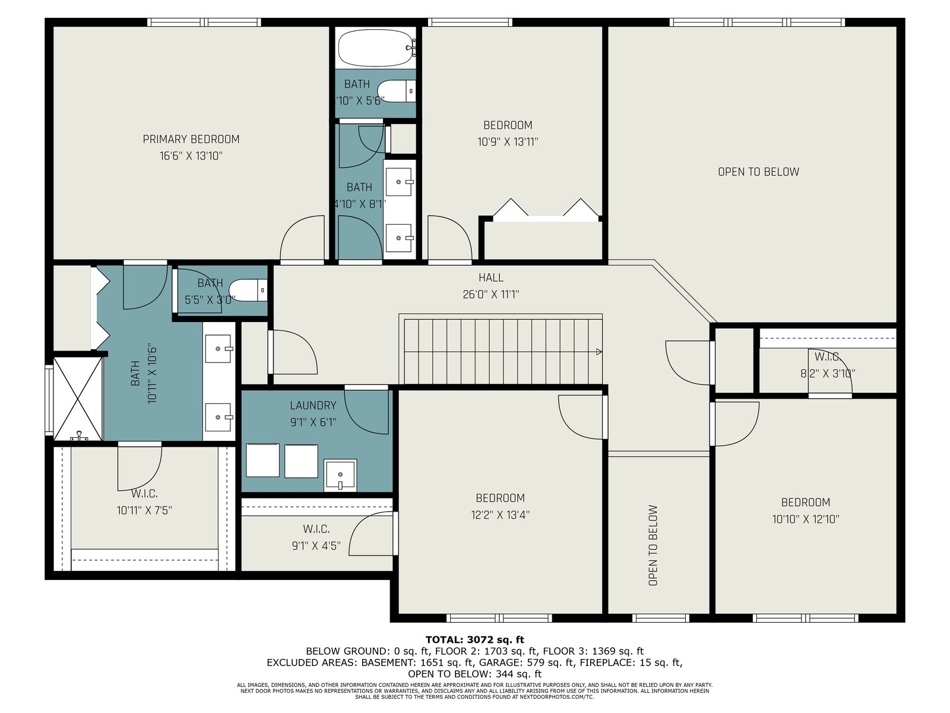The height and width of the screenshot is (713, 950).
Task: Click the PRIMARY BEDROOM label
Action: [191, 140]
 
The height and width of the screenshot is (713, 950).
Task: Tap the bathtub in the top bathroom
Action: [376, 48]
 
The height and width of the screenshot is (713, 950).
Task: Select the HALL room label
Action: [491, 277]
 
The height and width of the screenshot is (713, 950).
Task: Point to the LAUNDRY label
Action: [313, 406]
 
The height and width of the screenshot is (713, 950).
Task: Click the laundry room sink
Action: [341, 475]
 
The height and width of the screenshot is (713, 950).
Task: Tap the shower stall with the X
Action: [77, 399]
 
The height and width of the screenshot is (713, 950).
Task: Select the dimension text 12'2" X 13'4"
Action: [501, 515]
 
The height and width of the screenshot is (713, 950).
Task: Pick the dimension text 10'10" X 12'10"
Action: [806, 519]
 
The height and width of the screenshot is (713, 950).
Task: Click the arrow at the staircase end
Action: [599, 352]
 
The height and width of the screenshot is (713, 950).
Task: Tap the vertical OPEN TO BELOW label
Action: [653, 545]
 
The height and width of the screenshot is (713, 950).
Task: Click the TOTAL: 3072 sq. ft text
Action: [475, 640]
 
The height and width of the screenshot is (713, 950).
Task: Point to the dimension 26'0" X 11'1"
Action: [491, 295]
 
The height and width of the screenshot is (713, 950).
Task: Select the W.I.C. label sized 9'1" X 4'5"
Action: [316, 529]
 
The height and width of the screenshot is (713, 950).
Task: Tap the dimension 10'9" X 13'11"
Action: [508, 142]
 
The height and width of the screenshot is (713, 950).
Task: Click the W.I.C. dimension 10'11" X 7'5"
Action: [144, 511]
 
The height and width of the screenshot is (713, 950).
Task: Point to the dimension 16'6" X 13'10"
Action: [191, 156]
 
